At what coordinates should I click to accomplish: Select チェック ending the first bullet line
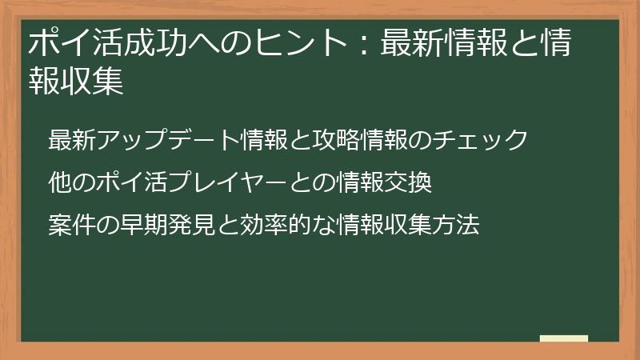coord(491,140)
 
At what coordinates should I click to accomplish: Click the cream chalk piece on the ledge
coord(564,338)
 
